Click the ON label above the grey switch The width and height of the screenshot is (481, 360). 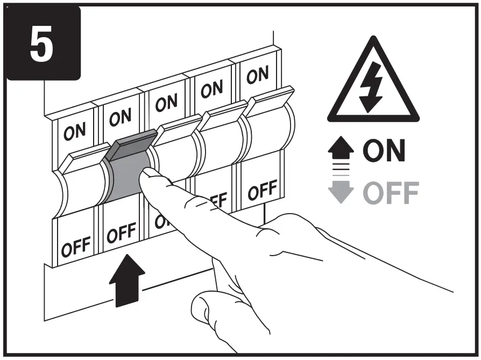click(119, 117)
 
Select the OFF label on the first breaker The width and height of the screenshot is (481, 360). click(75, 245)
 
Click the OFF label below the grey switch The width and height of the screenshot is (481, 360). click(121, 233)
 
